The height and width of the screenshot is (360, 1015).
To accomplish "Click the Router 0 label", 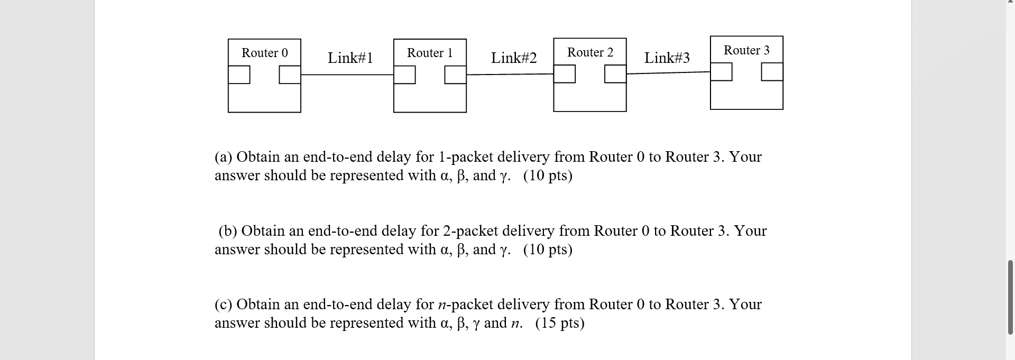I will tap(264, 53).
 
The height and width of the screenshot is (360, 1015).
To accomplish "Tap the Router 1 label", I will tap(430, 53).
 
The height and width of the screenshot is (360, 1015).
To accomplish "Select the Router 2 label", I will tap(590, 52).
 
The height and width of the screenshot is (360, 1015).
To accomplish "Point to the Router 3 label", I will tap(746, 50).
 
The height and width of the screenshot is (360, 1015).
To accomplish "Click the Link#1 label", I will tap(350, 58).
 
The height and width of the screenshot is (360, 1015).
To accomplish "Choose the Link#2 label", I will tap(513, 58).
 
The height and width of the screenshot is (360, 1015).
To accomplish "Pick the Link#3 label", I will tap(667, 58).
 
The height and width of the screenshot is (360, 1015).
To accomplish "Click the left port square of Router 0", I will tap(239, 75).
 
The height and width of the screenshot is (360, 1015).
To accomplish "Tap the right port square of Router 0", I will tap(290, 75).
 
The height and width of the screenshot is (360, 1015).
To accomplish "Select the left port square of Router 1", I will tap(404, 75).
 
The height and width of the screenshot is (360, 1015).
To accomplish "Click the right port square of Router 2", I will tap(615, 74).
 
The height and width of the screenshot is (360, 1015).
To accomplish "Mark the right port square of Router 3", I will tap(772, 71).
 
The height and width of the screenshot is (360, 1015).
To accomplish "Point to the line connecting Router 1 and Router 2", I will tap(510, 75).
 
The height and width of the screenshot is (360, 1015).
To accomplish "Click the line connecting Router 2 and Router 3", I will tap(668, 73).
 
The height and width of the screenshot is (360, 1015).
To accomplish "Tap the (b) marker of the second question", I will tap(228, 231).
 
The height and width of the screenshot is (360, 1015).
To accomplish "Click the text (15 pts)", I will tap(559, 323).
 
